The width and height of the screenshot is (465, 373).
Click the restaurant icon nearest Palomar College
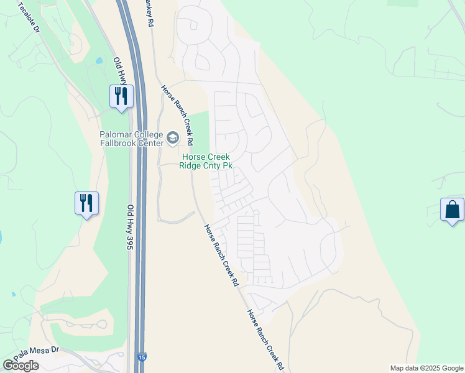(x=121, y=96)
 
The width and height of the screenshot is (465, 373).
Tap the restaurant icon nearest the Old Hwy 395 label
(x=86, y=203)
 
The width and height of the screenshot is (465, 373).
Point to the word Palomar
(x=118, y=135)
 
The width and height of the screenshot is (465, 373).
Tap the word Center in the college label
(x=149, y=143)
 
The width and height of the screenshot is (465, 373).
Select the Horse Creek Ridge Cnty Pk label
(x=206, y=161)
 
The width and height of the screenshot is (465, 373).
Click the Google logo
(x=21, y=366)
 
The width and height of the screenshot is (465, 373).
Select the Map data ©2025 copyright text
(x=426, y=368)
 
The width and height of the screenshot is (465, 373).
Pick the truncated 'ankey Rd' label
(x=149, y=12)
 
